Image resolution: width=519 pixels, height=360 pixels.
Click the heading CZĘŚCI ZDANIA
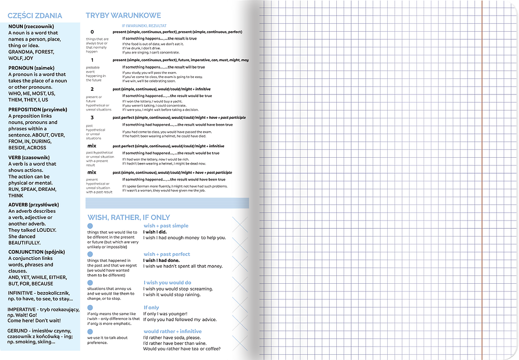pyautogui.click(x=35, y=16)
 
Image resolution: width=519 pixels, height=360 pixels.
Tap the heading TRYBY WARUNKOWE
pyautogui.click(x=123, y=16)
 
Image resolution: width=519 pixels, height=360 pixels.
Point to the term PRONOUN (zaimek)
pyautogui.click(x=34, y=68)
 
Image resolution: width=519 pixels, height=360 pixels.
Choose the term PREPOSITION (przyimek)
pyautogui.click(x=38, y=109)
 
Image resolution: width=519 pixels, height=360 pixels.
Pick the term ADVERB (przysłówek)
pyautogui.click(x=34, y=205)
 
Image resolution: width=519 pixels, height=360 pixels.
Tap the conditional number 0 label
pyautogui.click(x=92, y=32)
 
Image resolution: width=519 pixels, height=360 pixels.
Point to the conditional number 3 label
pyautogui.click(x=92, y=118)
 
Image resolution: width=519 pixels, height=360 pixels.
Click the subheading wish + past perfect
pyautogui.click(x=167, y=254)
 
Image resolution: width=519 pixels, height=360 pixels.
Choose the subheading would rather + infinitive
pyautogui.click(x=172, y=331)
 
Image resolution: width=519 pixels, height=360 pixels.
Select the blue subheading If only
pyautogui.click(x=151, y=308)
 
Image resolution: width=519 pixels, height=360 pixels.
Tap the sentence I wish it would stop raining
pyautogui.click(x=171, y=295)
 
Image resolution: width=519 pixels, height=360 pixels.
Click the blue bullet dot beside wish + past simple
pyautogui.click(x=90, y=226)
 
